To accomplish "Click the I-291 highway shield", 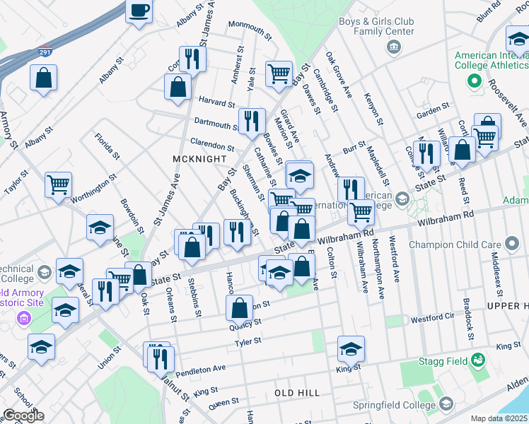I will click(44, 52).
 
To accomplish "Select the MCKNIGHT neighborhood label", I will click(199, 160).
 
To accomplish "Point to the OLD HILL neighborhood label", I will click(297, 392).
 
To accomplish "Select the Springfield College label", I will click(394, 405).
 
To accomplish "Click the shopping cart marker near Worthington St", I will click(59, 185).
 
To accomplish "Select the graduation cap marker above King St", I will click(351, 348).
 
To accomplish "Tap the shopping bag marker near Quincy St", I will click(240, 308).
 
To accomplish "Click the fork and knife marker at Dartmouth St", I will click(251, 121).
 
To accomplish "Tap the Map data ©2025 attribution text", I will click(499, 418).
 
